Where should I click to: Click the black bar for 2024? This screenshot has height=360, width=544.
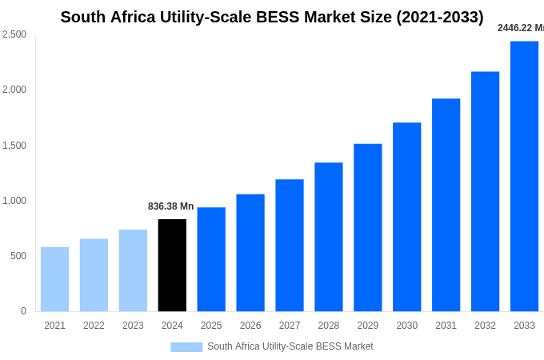pyautogui.click(x=172, y=265)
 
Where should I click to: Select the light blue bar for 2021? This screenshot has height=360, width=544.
pyautogui.click(x=54, y=279)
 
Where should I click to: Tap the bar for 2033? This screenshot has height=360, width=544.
pyautogui.click(x=524, y=176)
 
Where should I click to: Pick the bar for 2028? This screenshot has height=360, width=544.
pyautogui.click(x=328, y=237)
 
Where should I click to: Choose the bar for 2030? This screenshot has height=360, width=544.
pyautogui.click(x=406, y=217)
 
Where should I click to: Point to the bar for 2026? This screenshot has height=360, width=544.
pyautogui.click(x=250, y=253)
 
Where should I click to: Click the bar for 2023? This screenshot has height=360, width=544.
pyautogui.click(x=133, y=270)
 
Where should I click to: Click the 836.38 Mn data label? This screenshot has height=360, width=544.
pyautogui.click(x=170, y=206)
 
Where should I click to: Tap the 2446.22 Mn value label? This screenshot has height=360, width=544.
pyautogui.click(x=521, y=28)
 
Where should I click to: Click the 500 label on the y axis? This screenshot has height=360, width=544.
pyautogui.click(x=18, y=256)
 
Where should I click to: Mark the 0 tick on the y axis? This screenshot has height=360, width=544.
pyautogui.click(x=23, y=311)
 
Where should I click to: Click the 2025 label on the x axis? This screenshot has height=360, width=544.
pyautogui.click(x=211, y=326)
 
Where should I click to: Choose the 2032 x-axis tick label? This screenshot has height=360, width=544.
pyautogui.click(x=485, y=326)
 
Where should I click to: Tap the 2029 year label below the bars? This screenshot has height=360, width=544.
pyautogui.click(x=367, y=326)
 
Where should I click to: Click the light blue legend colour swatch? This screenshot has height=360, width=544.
pyautogui.click(x=186, y=347)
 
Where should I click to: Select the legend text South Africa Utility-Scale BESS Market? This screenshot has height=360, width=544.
pyautogui.click(x=290, y=346)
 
